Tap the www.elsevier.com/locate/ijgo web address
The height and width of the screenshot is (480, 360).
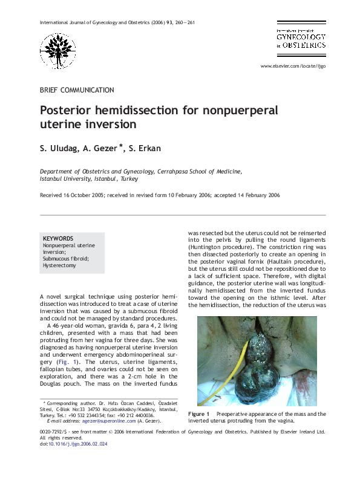point(293,66)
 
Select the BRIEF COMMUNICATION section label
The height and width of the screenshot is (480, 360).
point(76,90)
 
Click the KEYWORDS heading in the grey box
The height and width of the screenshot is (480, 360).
point(58,239)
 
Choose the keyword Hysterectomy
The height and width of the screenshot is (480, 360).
point(59,265)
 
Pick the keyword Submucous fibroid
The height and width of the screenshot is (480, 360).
point(66,259)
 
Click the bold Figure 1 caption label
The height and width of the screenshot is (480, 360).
point(198,414)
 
